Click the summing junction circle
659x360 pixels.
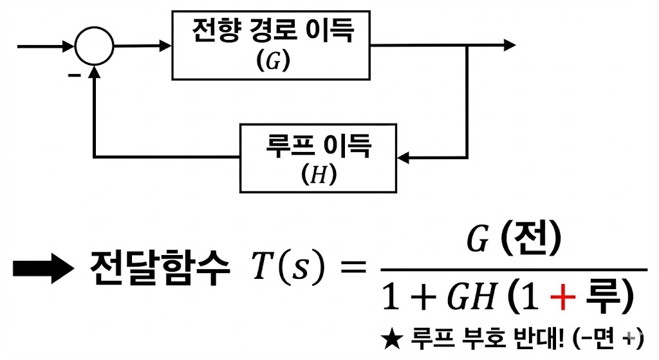pyautogui.click(x=94, y=46)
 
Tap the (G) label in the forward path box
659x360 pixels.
pyautogui.click(x=273, y=61)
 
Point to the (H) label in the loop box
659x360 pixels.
pyautogui.click(x=319, y=175)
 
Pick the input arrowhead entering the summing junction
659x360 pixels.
pyautogui.click(x=68, y=46)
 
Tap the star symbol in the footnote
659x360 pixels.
pyautogui.click(x=391, y=339)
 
